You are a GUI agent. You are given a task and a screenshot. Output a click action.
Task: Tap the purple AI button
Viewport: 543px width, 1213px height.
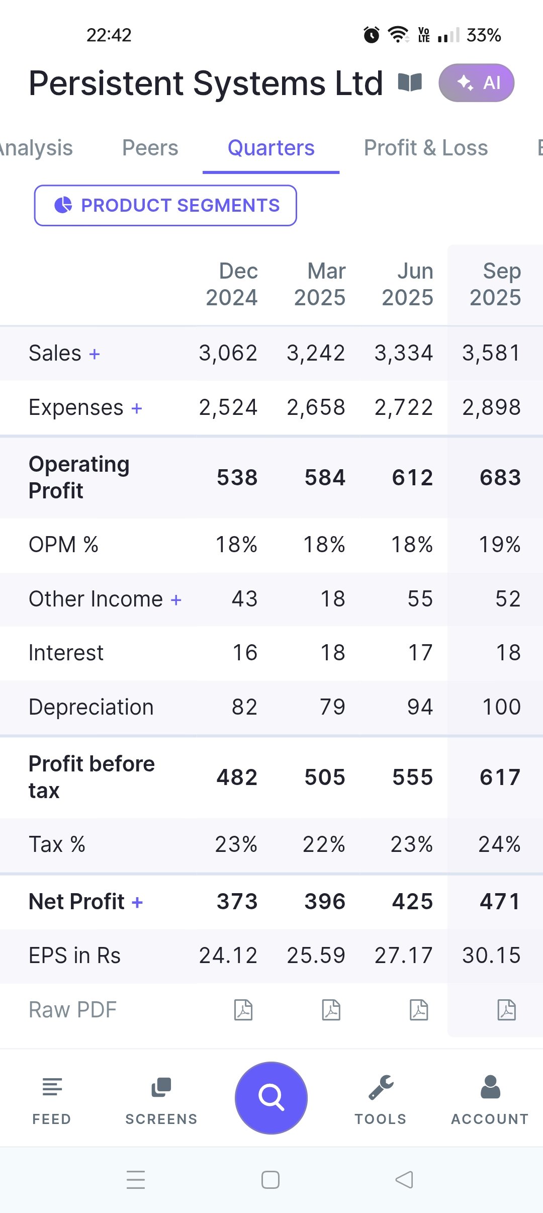pos(476,83)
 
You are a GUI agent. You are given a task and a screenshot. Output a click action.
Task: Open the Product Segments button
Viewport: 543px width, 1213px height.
pos(165,205)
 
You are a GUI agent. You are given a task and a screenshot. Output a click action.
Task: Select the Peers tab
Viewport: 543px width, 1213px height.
pos(150,148)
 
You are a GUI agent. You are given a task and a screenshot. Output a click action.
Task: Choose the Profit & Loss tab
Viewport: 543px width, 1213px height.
pos(425,148)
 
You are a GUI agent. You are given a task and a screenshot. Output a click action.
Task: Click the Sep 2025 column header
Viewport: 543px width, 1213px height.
pos(495,284)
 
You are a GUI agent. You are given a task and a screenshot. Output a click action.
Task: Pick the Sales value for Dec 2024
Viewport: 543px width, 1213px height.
pos(228,353)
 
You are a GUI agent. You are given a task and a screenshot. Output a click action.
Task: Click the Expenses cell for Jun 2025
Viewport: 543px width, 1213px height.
pos(403,407)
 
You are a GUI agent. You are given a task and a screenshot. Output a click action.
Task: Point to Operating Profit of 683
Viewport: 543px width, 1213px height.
pos(500,477)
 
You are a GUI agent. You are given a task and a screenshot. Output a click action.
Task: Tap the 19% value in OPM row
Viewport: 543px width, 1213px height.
pos(499,545)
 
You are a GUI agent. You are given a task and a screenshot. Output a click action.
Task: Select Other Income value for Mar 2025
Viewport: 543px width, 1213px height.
pos(332,599)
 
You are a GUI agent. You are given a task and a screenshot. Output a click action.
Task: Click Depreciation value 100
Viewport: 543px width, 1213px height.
pos(501,707)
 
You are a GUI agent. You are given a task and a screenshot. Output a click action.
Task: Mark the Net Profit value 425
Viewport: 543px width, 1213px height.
pos(412,902)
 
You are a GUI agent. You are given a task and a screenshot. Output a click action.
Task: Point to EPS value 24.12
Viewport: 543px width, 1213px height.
pos(228,956)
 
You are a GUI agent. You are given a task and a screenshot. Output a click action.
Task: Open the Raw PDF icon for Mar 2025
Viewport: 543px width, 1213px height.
pos(331,1010)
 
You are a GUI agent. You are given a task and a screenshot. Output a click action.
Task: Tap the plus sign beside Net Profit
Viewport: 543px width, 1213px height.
pos(137,902)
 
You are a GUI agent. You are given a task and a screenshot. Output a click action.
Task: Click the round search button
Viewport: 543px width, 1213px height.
pos(271,1097)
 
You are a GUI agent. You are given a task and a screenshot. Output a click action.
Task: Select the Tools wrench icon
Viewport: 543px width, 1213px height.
pos(381,1087)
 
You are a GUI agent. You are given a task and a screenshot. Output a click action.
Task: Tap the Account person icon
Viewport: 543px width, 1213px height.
pos(490,1087)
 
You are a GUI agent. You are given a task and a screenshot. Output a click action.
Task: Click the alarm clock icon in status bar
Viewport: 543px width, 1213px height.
pos(372,35)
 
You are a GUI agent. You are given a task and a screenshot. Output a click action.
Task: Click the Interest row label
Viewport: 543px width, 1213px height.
pos(66,653)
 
